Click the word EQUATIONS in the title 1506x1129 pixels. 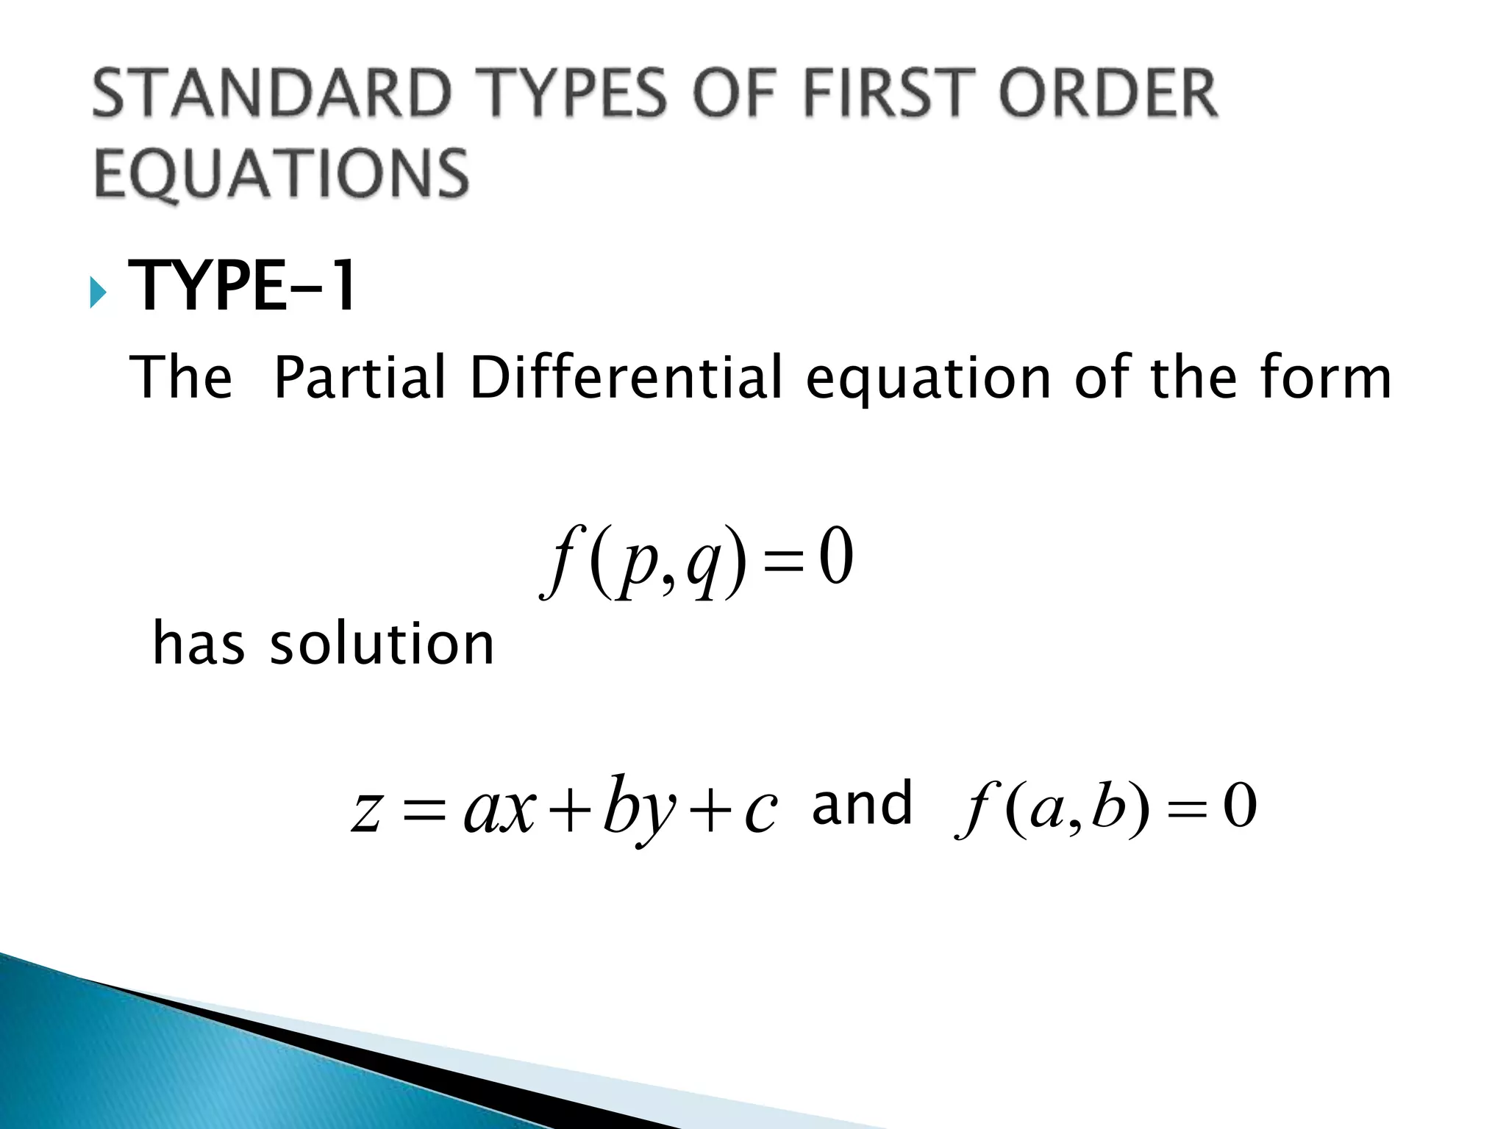(x=282, y=173)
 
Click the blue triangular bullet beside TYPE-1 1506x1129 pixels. (x=97, y=293)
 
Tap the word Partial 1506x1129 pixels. (x=360, y=378)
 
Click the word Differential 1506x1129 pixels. (x=626, y=378)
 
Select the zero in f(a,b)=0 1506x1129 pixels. (x=1240, y=807)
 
